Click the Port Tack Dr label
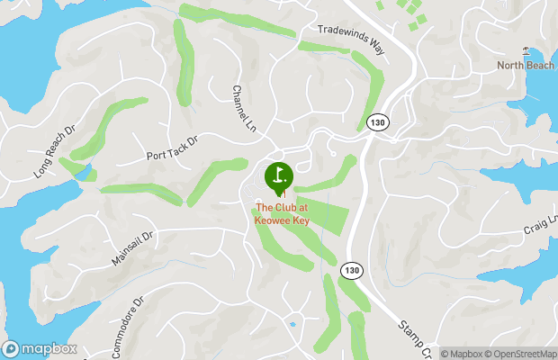(x=171, y=148)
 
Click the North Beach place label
(x=525, y=66)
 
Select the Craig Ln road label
(x=542, y=225)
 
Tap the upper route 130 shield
(x=377, y=123)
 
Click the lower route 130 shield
(x=351, y=269)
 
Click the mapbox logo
(x=40, y=348)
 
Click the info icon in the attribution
(x=432, y=354)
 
